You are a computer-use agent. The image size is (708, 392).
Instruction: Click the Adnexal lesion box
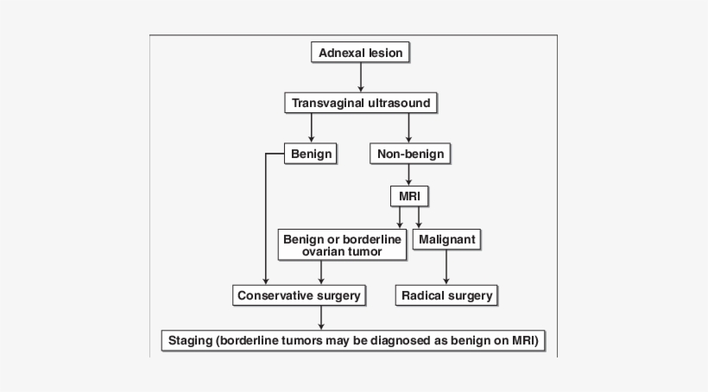[360, 53]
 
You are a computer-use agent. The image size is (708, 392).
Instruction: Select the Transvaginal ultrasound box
[360, 104]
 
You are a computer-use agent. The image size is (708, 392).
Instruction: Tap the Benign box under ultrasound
[311, 154]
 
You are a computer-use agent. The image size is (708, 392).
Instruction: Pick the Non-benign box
[410, 154]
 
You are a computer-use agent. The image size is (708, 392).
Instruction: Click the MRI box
[409, 195]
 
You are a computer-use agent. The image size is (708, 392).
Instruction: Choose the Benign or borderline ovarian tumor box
[343, 244]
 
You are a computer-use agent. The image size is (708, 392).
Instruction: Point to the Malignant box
[446, 237]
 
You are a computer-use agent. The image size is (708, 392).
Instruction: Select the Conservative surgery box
[299, 295]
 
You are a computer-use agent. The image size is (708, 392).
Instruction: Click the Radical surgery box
[446, 295]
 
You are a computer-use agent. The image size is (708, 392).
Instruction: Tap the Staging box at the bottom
[354, 340]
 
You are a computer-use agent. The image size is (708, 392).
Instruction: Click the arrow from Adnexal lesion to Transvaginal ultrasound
[360, 78]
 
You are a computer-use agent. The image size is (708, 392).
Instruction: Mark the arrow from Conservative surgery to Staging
[321, 317]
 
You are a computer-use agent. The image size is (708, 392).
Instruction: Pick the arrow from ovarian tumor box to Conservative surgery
[321, 273]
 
